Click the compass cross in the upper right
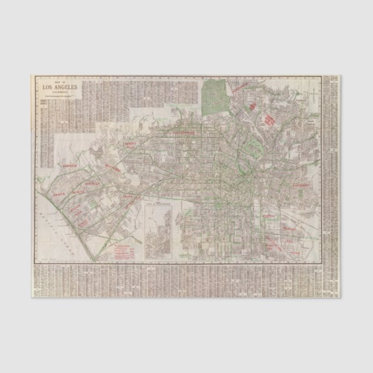[x=313, y=92]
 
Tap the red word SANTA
[x=60, y=196]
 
